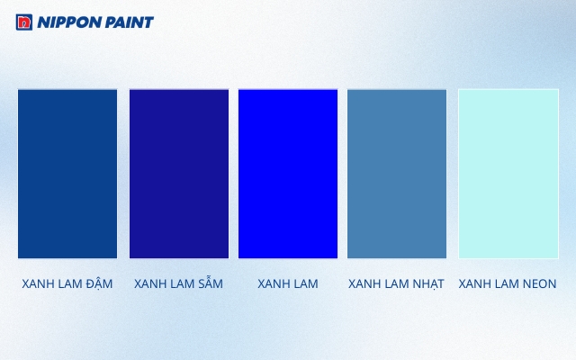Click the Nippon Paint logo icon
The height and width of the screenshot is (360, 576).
pyautogui.click(x=24, y=22)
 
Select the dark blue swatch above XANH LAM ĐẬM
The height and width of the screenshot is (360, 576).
pyautogui.click(x=67, y=174)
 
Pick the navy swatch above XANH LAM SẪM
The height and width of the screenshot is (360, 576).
pyautogui.click(x=178, y=174)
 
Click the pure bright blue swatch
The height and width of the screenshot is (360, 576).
pyautogui.click(x=288, y=174)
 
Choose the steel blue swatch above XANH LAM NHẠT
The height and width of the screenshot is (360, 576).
pyautogui.click(x=397, y=174)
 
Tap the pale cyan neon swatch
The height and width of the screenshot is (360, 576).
pyautogui.click(x=508, y=174)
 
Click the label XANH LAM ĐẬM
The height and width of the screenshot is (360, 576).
pyautogui.click(x=67, y=283)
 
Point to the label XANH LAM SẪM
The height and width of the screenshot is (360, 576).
pyautogui.click(x=178, y=283)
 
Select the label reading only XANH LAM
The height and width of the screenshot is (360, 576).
pyautogui.click(x=288, y=283)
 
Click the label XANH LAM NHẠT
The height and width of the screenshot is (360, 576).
pyautogui.click(x=396, y=283)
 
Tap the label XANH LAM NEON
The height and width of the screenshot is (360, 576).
pyautogui.click(x=508, y=283)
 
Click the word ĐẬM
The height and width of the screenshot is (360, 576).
pyautogui.click(x=99, y=283)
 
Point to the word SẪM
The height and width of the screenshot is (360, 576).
pyautogui.click(x=209, y=283)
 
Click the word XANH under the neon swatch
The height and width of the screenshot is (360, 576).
pyautogui.click(x=474, y=283)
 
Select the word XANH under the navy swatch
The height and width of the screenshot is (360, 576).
pyautogui.click(x=149, y=283)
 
